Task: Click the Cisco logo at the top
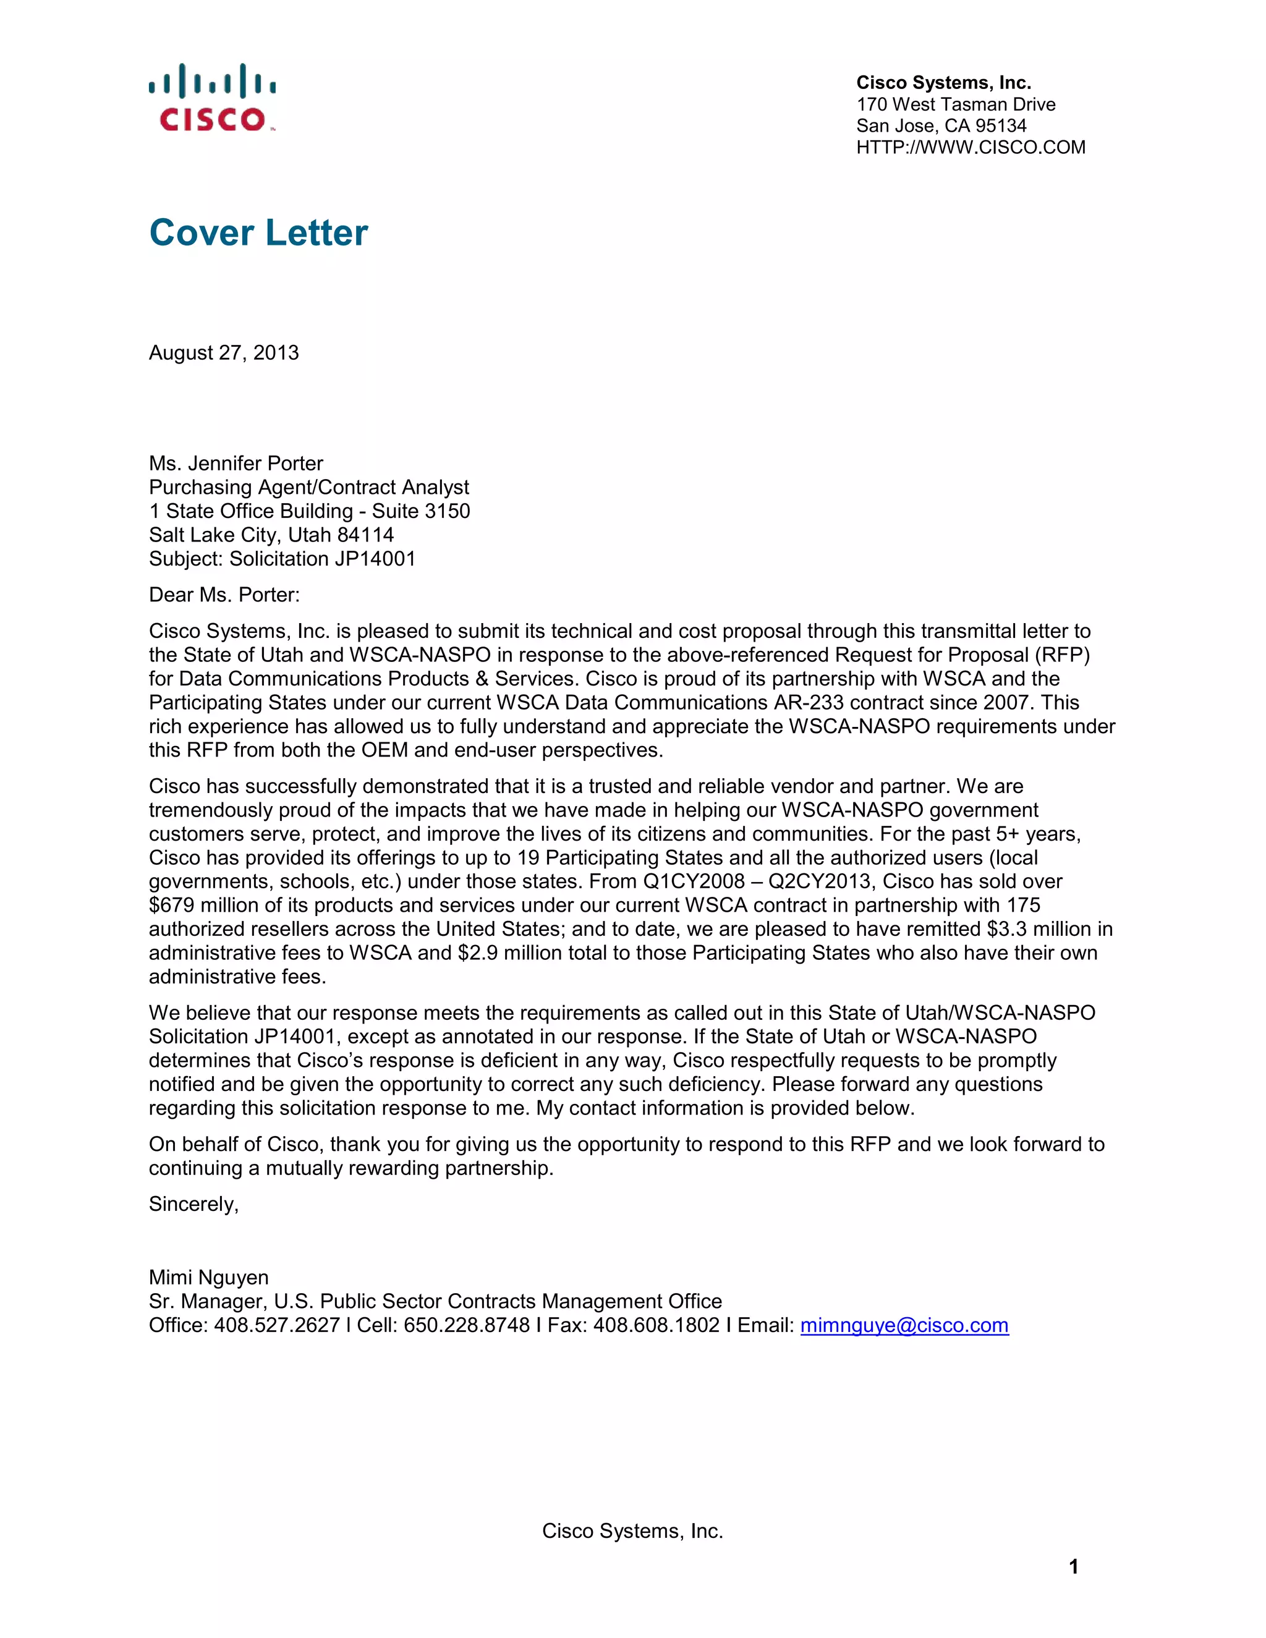[212, 98]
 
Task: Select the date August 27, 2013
[224, 352]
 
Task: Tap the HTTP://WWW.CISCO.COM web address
[971, 148]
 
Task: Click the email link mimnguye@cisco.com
[904, 1325]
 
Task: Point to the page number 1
[1073, 1567]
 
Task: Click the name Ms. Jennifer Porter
[236, 464]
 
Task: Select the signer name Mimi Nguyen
[208, 1277]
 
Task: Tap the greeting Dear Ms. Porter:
[224, 595]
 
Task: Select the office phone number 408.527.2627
[277, 1325]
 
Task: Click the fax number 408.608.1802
[656, 1325]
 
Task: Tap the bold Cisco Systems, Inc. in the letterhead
[943, 82]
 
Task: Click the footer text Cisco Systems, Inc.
[632, 1530]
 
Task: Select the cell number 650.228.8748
[467, 1325]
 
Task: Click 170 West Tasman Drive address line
[956, 104]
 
